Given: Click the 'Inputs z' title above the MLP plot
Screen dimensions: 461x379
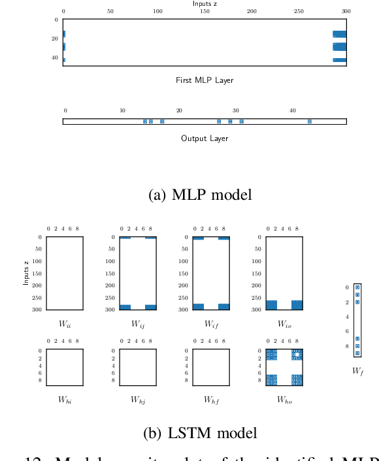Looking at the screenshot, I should click(204, 4).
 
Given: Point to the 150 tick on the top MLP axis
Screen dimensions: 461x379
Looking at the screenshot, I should click(205, 12).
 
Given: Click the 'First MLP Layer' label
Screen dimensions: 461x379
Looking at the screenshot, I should click(205, 80).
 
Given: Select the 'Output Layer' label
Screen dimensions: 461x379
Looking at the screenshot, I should click(205, 138).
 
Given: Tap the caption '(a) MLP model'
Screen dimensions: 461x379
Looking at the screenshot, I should click(201, 195).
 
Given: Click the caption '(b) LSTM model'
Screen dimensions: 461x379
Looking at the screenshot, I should click(200, 432).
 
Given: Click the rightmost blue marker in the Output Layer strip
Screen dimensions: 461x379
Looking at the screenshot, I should click(310, 121).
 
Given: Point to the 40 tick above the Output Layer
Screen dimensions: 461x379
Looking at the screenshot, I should click(292, 110).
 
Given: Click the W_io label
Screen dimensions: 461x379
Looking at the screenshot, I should click(284, 323).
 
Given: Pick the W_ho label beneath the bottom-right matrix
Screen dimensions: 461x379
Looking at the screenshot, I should click(284, 400).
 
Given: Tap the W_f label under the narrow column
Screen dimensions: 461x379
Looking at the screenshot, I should click(357, 370).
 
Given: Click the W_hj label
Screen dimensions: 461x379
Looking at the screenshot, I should click(138, 400).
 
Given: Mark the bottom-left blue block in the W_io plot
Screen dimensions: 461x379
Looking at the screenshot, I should click(271, 305).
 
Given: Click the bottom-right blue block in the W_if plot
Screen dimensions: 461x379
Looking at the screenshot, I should click(224, 306).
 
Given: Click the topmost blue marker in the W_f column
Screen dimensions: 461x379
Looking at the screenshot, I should click(357, 287).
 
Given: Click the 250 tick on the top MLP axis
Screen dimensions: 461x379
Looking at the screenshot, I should click(299, 12).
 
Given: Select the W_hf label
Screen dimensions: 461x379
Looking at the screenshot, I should click(211, 400).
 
